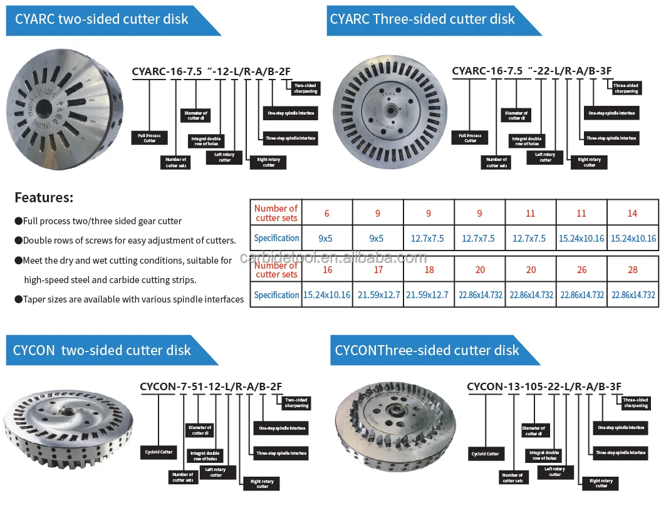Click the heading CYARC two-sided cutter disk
click(x=101, y=19)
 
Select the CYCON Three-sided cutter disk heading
click(x=427, y=350)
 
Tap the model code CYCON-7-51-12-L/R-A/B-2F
click(x=211, y=386)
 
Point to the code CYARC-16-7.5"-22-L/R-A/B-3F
click(x=531, y=71)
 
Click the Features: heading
click(x=44, y=198)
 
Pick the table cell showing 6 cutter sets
click(x=327, y=214)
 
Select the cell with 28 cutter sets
click(x=633, y=270)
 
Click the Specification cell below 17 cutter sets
click(x=378, y=295)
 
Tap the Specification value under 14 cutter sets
click(x=633, y=238)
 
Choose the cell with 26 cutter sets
click(x=582, y=270)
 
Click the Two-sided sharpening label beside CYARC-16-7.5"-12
click(x=305, y=88)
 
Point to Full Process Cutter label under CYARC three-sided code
click(x=471, y=138)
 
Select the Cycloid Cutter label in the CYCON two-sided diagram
click(x=159, y=452)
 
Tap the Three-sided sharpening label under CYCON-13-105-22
click(x=635, y=403)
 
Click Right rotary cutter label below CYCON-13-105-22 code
click(x=601, y=483)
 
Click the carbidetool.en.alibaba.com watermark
click(x=333, y=258)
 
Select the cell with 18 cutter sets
click(x=429, y=270)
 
